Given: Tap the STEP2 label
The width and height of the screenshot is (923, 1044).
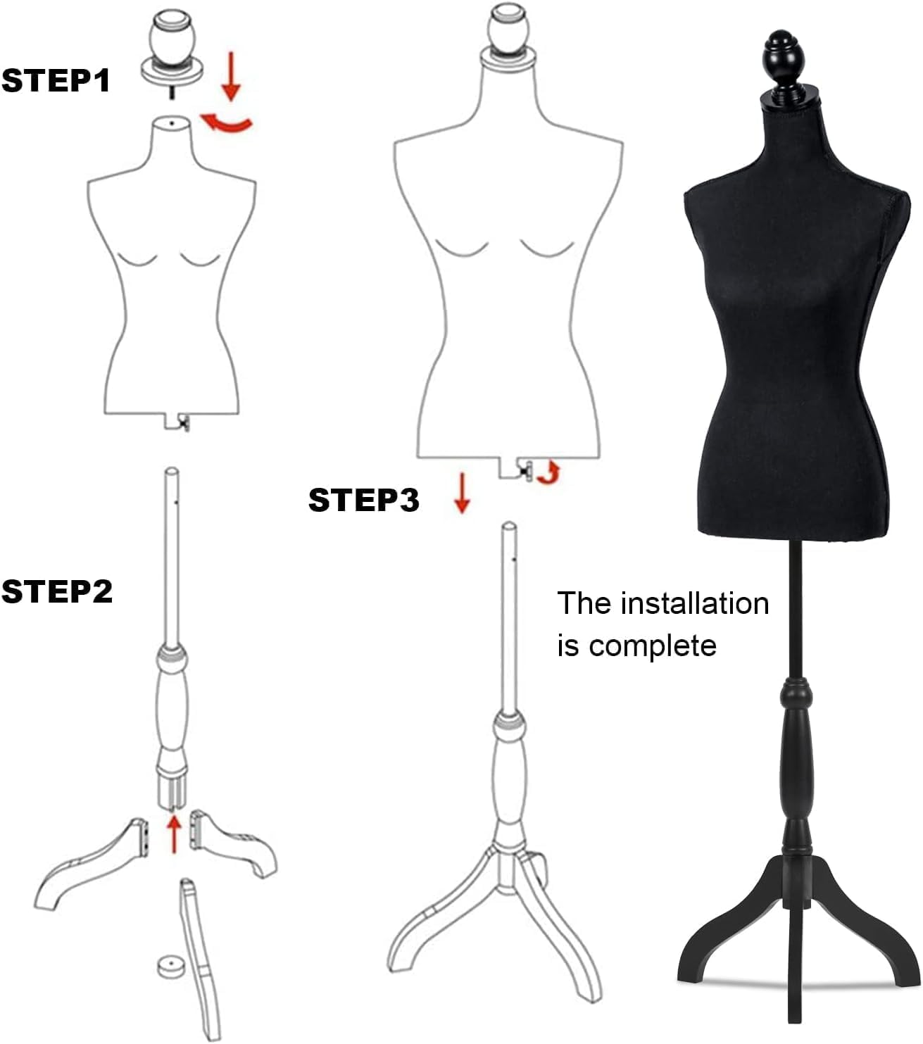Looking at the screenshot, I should point(57,591).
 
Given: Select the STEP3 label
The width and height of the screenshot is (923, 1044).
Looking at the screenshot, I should point(363,500).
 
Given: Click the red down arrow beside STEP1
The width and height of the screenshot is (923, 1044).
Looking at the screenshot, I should point(231,81).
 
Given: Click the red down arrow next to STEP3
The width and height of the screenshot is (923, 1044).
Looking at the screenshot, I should point(462,492).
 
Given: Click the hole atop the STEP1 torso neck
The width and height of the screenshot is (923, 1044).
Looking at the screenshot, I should point(172,124).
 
